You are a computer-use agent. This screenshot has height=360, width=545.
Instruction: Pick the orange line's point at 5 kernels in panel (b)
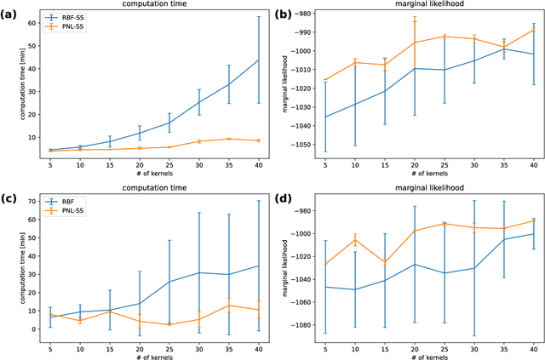point(326,80)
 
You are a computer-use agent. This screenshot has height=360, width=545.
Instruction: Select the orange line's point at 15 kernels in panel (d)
point(385,261)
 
